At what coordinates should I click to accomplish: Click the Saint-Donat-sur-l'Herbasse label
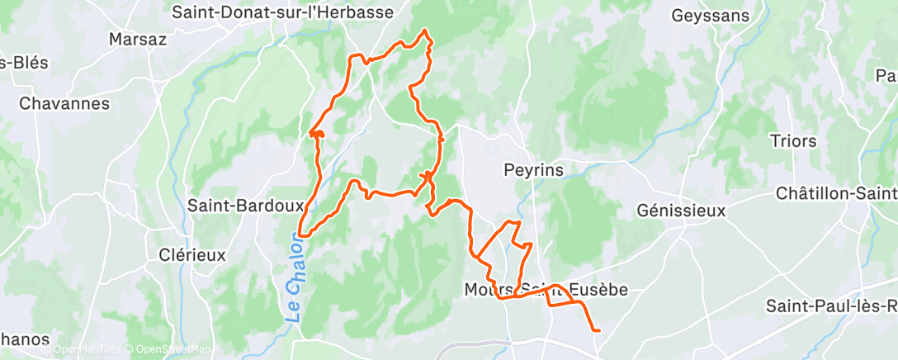282,12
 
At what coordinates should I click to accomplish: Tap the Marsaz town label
138,39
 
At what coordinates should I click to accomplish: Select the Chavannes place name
64,103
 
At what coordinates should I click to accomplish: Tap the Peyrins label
533,170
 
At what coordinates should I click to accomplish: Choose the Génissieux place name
681,211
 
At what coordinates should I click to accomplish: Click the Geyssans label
710,16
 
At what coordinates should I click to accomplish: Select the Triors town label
792,140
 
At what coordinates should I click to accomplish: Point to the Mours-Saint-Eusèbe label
546,290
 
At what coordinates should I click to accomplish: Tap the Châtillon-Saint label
836,193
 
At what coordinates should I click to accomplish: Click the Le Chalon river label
295,277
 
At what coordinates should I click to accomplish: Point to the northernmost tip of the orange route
425,31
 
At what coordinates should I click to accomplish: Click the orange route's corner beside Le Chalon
300,234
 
